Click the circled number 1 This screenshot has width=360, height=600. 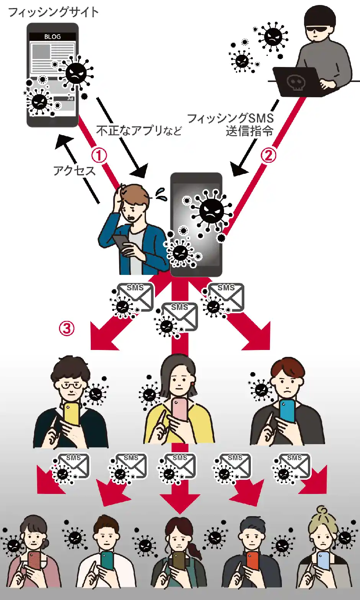[x=99, y=155]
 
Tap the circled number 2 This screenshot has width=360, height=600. [x=268, y=155]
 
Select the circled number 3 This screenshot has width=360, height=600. [x=67, y=328]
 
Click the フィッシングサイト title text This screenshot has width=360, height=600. [x=53, y=12]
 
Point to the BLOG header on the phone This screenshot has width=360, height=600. [x=52, y=37]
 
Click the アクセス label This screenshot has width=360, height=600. [x=74, y=170]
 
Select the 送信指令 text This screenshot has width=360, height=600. [x=249, y=131]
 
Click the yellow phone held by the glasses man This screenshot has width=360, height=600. [x=72, y=414]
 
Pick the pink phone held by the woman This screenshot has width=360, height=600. [x=180, y=409]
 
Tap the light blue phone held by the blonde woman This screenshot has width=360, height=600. [x=323, y=561]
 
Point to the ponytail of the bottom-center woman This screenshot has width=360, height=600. [x=195, y=551]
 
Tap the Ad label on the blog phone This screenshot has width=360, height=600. [x=70, y=99]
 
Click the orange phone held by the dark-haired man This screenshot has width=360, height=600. [x=252, y=561]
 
